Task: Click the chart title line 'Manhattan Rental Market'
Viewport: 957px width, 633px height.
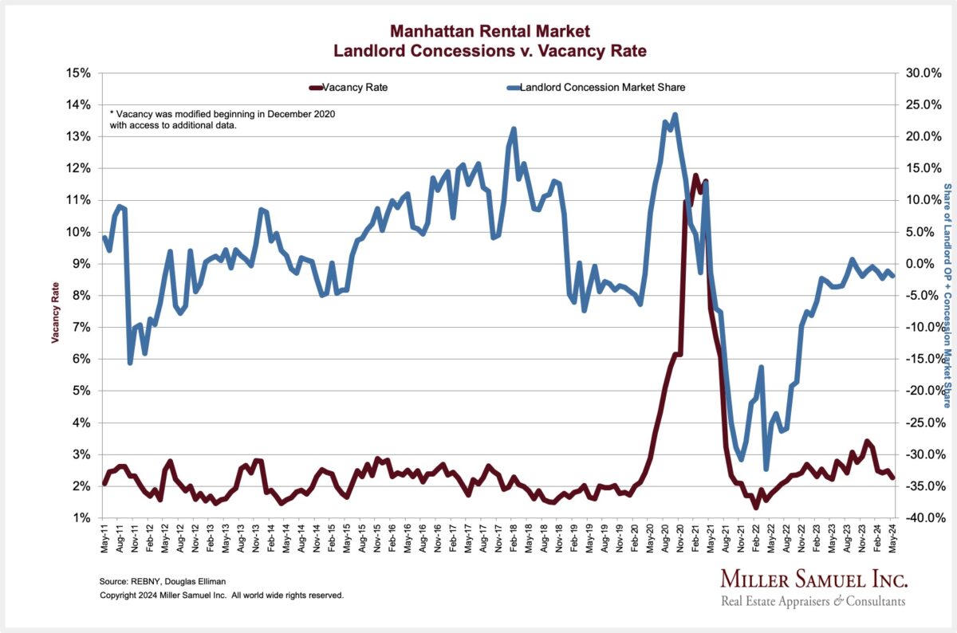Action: point(490,32)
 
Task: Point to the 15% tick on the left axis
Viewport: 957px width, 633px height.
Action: point(82,73)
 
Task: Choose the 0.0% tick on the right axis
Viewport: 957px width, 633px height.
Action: point(920,264)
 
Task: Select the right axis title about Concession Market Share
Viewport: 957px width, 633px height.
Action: point(947,295)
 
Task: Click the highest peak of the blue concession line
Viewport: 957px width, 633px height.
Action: point(675,115)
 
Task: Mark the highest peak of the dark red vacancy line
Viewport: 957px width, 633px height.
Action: point(695,175)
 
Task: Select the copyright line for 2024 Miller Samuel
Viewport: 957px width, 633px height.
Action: point(222,596)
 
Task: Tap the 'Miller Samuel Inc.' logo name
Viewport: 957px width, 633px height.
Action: point(813,579)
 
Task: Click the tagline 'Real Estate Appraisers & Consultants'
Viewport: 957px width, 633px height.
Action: point(813,601)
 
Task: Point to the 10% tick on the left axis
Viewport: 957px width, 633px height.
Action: point(82,232)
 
